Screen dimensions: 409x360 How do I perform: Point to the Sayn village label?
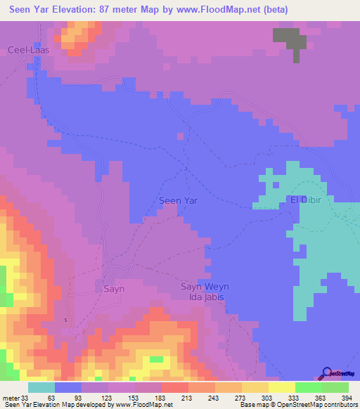[x=114, y=288]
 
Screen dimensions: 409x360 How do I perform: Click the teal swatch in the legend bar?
[x=41, y=387]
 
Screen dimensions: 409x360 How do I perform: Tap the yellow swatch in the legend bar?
[x=281, y=387]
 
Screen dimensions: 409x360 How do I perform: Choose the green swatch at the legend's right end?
[x=335, y=387]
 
